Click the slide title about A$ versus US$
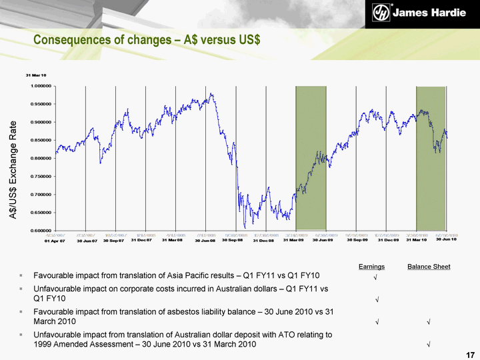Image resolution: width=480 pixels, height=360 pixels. [147, 40]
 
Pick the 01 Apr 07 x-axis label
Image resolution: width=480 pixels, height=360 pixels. [55, 241]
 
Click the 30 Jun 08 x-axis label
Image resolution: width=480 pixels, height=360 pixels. [205, 241]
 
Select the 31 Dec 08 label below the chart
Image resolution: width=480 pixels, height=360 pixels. [263, 241]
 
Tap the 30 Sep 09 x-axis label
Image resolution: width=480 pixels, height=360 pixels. [357, 240]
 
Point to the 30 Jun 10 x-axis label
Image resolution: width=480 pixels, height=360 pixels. [446, 239]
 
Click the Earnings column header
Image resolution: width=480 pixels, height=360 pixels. [371, 267]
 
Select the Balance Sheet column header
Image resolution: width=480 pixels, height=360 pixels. [429, 267]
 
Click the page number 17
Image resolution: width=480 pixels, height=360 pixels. [470, 354]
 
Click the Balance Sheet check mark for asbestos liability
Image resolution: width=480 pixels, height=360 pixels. [427, 322]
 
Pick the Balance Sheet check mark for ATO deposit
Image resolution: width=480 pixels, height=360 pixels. [427, 345]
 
